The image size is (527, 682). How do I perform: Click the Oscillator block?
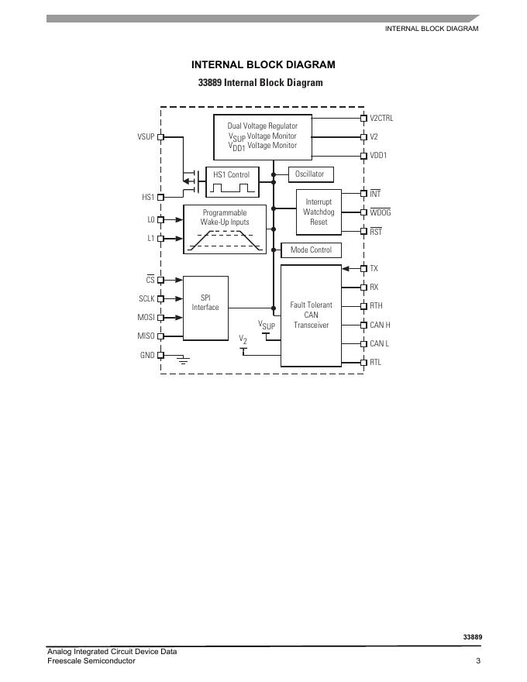pos(309,174)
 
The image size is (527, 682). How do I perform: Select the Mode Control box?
pos(310,250)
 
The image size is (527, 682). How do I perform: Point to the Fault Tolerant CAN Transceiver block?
pos(311,315)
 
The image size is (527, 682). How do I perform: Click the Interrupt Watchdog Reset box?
pos(319,212)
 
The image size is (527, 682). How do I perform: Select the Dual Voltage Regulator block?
pos(262,136)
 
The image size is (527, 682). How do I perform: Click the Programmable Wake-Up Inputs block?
pos(225,229)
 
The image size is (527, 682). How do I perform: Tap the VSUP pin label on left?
pos(146,137)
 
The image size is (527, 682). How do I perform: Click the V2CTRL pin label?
pos(381,118)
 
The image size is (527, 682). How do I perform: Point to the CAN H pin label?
pos(380,325)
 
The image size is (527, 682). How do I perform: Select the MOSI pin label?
pos(146,318)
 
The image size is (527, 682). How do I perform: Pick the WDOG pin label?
pos(380,212)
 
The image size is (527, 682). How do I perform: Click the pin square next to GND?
pos(161,355)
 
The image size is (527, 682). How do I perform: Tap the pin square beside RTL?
pos(363,363)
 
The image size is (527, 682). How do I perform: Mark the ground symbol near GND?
pos(184,360)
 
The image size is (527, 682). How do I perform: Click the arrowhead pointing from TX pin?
pos(346,269)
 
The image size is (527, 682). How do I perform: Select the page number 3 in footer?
pos(478,661)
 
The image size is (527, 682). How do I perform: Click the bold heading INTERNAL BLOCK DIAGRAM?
pos(263,65)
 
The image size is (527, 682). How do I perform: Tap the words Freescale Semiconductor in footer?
pos(91,661)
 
